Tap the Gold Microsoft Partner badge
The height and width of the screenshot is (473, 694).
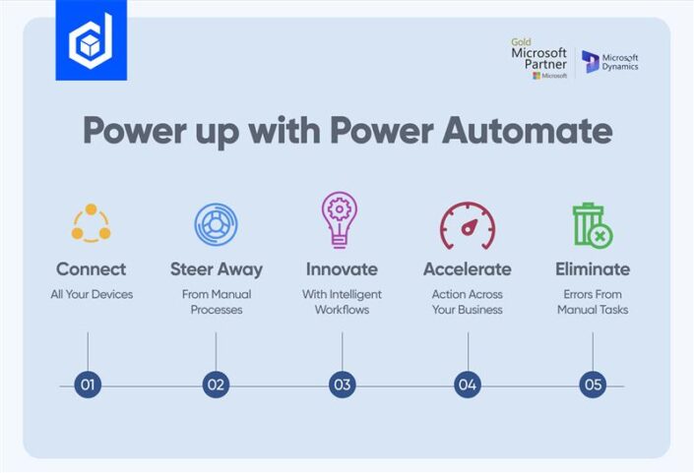(538, 59)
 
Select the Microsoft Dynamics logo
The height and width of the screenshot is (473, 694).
(610, 62)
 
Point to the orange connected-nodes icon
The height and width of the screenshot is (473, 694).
(91, 223)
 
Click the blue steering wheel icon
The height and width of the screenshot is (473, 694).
(216, 223)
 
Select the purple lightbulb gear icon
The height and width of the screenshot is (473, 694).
(341, 219)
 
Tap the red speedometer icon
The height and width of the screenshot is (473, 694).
(467, 225)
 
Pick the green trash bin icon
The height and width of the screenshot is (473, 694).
(592, 225)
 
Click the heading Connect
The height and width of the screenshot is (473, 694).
(91, 268)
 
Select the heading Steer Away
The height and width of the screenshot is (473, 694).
(216, 268)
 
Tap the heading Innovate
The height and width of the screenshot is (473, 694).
(342, 268)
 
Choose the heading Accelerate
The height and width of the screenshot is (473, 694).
(467, 268)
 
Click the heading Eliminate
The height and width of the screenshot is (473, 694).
(592, 268)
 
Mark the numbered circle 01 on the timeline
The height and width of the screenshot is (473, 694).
(88, 384)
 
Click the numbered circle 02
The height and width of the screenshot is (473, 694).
(216, 384)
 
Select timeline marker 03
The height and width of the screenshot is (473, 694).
(342, 384)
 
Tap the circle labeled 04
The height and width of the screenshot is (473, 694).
(468, 384)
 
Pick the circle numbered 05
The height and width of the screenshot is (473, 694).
(593, 384)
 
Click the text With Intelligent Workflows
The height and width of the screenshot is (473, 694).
(342, 302)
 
